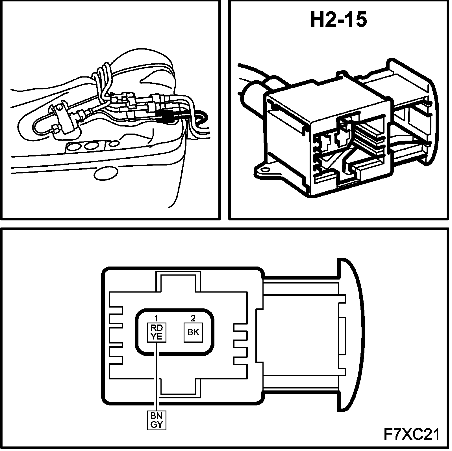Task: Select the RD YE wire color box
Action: (x=157, y=332)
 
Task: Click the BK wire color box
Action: (x=193, y=332)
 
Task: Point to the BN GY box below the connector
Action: (x=157, y=420)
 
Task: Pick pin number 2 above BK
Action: (x=193, y=318)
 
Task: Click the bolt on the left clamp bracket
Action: (x=59, y=108)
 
